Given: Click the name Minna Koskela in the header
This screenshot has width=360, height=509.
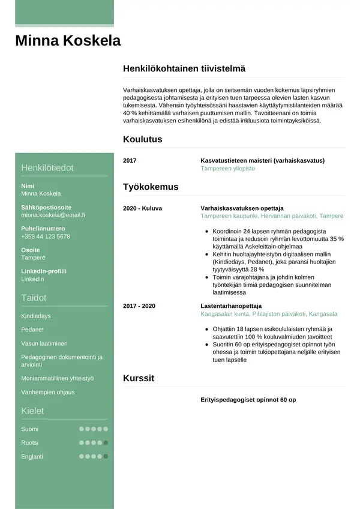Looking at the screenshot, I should (x=68, y=41).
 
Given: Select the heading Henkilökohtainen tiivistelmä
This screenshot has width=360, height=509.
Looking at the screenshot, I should (x=184, y=69).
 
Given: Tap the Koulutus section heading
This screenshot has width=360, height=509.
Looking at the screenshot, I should (x=142, y=139).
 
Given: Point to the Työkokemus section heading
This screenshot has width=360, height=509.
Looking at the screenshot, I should (x=150, y=187).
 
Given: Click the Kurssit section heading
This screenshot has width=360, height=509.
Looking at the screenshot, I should (x=139, y=379).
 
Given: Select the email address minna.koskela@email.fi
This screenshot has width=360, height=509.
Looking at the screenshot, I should (x=53, y=214).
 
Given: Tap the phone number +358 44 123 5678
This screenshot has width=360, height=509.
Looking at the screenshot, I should (x=45, y=236).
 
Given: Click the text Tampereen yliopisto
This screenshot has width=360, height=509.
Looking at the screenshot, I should (x=227, y=169).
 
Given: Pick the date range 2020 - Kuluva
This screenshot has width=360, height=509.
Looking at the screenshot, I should (x=142, y=208).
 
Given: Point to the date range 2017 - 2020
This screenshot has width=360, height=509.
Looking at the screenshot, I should (x=139, y=306).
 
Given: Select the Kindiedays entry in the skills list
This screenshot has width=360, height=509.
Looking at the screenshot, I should (x=35, y=316).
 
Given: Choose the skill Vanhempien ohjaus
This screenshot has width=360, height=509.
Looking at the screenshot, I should (x=47, y=392).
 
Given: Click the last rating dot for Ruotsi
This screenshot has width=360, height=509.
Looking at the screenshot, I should (x=106, y=443).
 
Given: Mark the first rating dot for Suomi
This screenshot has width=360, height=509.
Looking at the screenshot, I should (x=82, y=429).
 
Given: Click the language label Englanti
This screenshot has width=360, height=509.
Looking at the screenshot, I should (x=32, y=456).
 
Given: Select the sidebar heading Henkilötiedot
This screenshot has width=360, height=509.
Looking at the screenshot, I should (x=47, y=167).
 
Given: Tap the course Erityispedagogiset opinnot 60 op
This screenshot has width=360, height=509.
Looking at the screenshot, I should (x=248, y=400).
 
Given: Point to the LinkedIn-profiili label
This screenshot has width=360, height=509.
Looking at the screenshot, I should (x=43, y=271).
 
